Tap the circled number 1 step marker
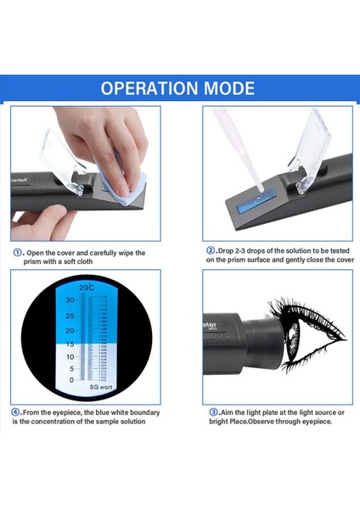click(x=18, y=253)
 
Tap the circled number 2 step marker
click(x=211, y=251)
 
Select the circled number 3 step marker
click(x=211, y=413)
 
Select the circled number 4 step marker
click(x=17, y=413)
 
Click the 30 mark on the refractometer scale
click(x=70, y=299)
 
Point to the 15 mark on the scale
click(x=70, y=344)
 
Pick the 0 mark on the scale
click(x=71, y=380)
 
